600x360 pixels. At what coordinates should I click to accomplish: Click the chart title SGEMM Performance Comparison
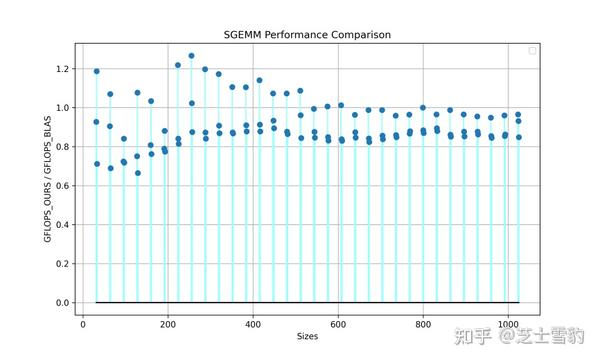click(307, 35)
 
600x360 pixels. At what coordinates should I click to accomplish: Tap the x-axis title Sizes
click(307, 337)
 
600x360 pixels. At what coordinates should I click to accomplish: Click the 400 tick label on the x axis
click(253, 324)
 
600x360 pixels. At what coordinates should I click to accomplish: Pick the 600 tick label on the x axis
click(338, 324)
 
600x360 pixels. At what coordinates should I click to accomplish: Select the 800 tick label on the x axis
click(423, 324)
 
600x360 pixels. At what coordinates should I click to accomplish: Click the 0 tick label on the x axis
click(83, 324)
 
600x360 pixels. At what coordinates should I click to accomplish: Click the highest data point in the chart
click(191, 56)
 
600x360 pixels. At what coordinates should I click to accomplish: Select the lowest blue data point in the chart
click(137, 173)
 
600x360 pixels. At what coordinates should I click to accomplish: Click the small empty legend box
click(532, 51)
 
